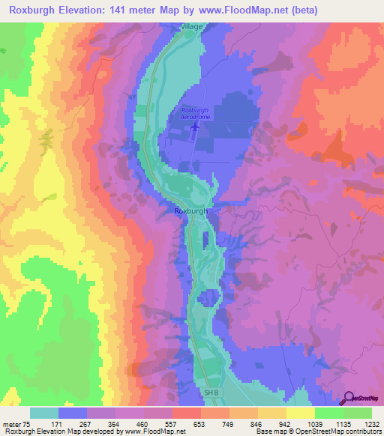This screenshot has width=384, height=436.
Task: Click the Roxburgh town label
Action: point(190,211)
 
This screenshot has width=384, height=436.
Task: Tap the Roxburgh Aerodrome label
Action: point(194,114)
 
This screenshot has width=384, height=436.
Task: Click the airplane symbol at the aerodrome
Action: point(195,127)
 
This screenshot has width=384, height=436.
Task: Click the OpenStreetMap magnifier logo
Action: point(350,398)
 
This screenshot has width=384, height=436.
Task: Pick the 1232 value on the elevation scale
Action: point(372,425)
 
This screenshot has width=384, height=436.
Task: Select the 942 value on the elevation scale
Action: point(286,425)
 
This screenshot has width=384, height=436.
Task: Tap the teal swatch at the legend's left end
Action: point(43,413)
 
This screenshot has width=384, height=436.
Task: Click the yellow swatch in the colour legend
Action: point(300,413)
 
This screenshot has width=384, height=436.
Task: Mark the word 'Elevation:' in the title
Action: point(88,10)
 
